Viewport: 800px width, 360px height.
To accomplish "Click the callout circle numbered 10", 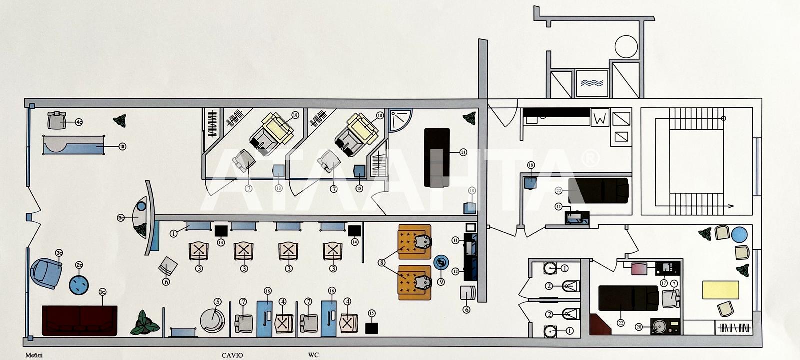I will pyautogui.click(x=122, y=146).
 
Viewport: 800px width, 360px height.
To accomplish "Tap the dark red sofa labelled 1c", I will pyautogui.click(x=80, y=321).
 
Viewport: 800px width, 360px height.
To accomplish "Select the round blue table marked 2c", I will pyautogui.click(x=79, y=284).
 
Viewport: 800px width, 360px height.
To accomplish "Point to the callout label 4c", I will pyautogui.click(x=79, y=121).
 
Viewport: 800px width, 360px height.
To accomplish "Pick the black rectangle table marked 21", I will pyautogui.click(x=437, y=157).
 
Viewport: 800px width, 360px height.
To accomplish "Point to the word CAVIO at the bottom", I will pyautogui.click(x=232, y=355).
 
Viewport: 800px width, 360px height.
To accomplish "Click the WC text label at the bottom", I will pyautogui.click(x=313, y=355).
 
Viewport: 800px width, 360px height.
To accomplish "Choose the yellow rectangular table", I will pyautogui.click(x=720, y=290).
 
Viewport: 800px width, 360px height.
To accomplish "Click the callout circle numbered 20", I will pyautogui.click(x=638, y=327).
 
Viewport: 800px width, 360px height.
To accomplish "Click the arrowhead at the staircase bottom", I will pyautogui.click(x=731, y=205).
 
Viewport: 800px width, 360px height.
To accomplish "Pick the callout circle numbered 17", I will pyautogui.click(x=663, y=283).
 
